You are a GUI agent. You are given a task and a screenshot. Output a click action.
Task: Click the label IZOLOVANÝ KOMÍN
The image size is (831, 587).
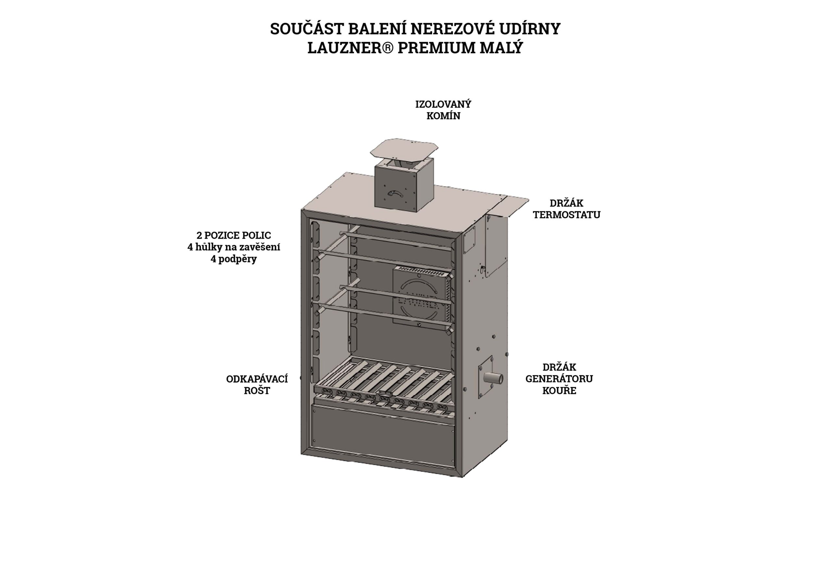[443, 110]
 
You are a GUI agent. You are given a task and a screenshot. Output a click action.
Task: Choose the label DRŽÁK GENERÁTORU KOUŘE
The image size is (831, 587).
[559, 379]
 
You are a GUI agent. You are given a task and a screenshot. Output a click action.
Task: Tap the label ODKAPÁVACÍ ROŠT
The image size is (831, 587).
[257, 385]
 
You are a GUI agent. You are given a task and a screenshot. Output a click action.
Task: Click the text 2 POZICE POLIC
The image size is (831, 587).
[234, 235]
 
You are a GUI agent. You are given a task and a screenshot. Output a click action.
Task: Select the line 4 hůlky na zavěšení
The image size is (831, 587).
[234, 247]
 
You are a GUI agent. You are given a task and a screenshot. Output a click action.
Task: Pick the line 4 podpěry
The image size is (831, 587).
[234, 259]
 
